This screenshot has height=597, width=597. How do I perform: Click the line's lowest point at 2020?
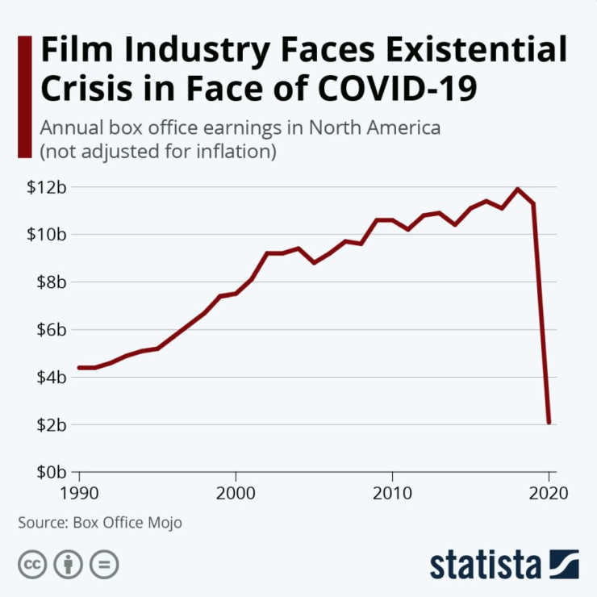click(549, 422)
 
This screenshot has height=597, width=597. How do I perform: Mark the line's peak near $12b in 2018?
click(517, 190)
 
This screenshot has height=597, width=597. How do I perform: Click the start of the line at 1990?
click(79, 368)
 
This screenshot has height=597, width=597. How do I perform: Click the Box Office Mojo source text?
click(127, 523)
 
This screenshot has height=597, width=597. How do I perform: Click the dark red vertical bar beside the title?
click(24, 97)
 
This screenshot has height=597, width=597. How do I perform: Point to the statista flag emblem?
click(564, 563)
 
